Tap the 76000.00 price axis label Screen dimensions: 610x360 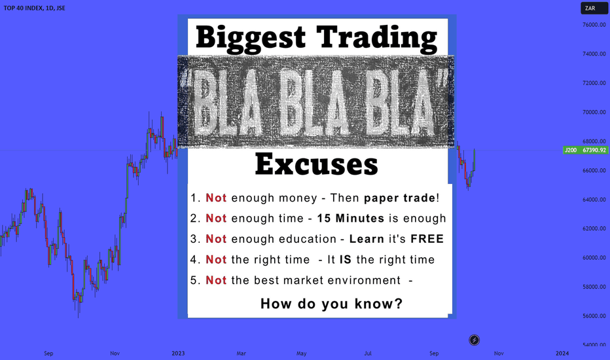coord(594,24)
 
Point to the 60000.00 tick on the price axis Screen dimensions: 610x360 coord(594,258)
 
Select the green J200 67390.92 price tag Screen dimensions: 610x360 coord(586,150)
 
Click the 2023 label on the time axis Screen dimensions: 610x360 coord(178,353)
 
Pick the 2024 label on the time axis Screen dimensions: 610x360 coord(562,353)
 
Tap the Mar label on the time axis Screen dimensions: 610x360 coord(242,353)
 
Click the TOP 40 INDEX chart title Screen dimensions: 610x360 coord(34,8)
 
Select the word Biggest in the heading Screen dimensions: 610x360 coord(251,38)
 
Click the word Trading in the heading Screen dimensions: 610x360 coord(376,38)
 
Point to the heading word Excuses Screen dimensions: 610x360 coord(316,164)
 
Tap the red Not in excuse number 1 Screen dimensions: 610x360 coord(216,198)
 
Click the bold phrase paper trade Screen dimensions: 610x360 coord(399,198)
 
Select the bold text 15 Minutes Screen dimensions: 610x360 coord(351,219)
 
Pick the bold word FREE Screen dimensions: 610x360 coord(427,239)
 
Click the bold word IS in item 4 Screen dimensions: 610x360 coord(346,260)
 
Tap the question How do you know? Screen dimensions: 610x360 coord(331,304)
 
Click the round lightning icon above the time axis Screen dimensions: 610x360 coord(474,340)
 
